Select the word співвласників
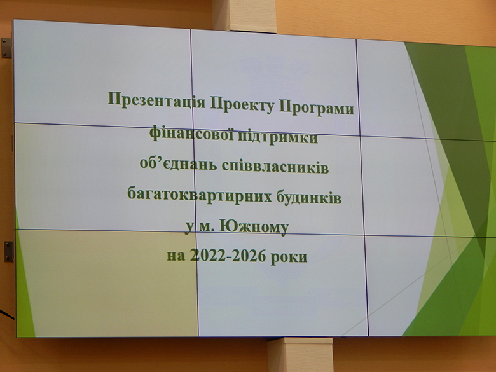tap(275, 167)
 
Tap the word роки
tap(289, 257)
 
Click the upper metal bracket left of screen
tap(6, 48)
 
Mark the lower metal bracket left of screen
tap(8, 251)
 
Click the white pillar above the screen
tap(244, 16)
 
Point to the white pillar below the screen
tap(300, 355)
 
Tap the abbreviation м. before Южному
tap(205, 227)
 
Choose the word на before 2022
tap(176, 255)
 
